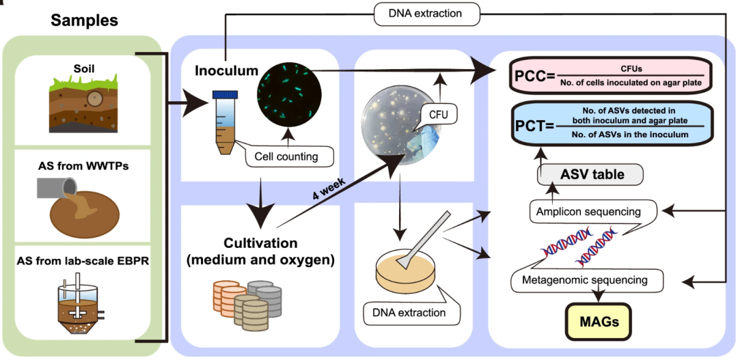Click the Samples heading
click(84, 20)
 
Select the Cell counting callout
click(291, 156)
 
